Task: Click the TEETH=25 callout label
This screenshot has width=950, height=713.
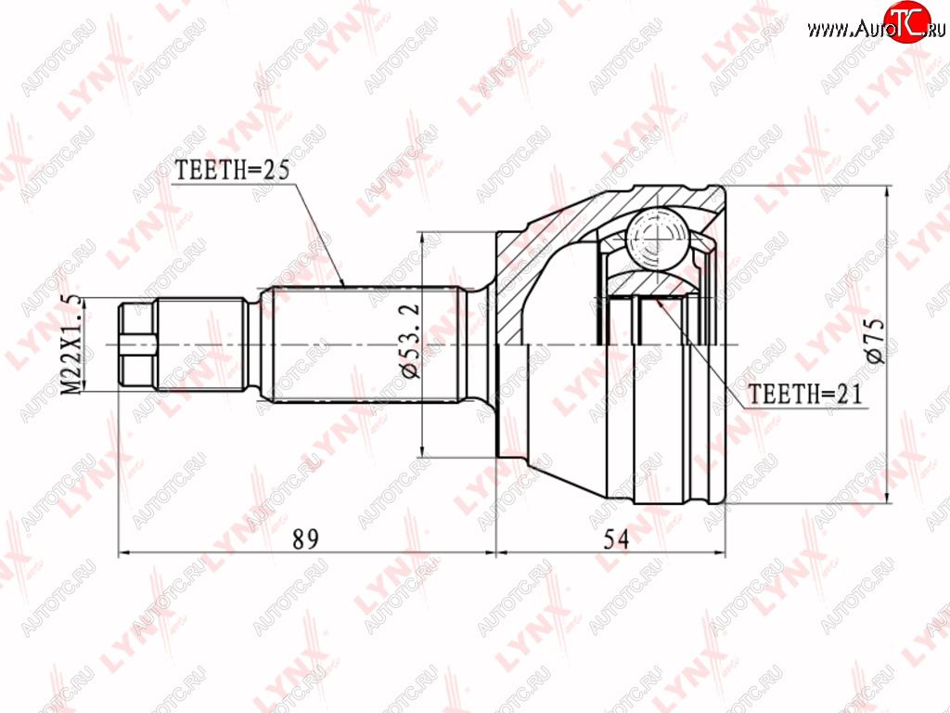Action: click(x=232, y=170)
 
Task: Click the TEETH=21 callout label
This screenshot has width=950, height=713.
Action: click(x=805, y=394)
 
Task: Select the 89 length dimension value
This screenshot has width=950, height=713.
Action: click(x=305, y=538)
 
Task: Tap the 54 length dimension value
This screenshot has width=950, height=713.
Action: click(x=616, y=538)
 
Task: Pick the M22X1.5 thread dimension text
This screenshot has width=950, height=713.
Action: click(x=71, y=344)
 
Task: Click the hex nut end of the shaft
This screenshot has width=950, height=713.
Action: click(x=137, y=344)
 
